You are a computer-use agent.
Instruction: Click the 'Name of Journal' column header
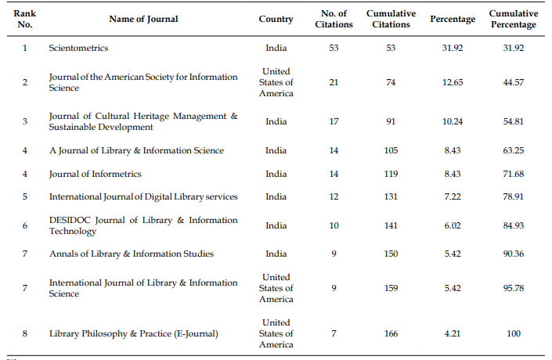point(143,19)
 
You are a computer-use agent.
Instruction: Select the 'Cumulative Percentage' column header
point(514,19)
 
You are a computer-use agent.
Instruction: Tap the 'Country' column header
point(276,19)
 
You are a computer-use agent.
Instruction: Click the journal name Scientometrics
point(78,48)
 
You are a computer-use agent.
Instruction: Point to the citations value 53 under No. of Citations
point(334,48)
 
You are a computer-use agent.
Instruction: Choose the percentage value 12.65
point(453,82)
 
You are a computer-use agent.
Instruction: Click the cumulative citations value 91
point(391,121)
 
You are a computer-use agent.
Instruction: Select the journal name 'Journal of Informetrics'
point(95,174)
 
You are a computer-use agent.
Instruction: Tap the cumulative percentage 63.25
point(514,150)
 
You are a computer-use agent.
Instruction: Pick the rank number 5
point(24,196)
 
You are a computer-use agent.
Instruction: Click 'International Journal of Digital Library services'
point(143,196)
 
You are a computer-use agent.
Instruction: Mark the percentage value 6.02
point(453,225)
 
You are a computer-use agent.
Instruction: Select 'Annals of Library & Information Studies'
point(132,254)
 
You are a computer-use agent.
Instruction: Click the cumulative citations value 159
point(391,288)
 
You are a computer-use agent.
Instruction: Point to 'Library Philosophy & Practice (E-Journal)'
point(133,333)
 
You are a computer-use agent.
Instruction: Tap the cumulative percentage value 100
point(514,333)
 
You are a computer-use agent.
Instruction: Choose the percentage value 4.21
point(453,333)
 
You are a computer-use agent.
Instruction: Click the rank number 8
point(24,333)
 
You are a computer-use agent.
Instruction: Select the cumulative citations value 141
point(391,225)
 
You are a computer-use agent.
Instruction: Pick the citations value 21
point(334,82)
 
